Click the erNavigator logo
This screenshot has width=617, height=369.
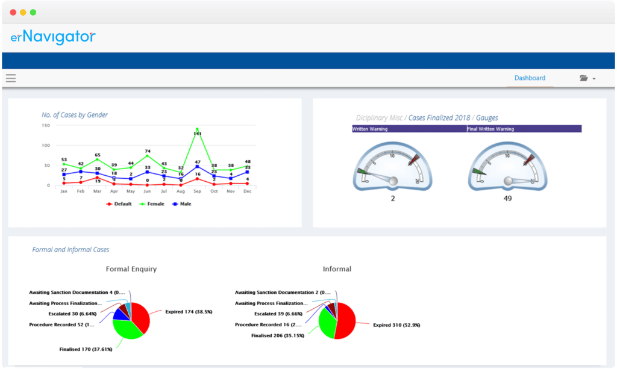click(53, 37)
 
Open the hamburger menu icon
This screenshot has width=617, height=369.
click(11, 78)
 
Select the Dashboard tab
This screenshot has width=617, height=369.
click(530, 78)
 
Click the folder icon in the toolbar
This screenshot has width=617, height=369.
click(583, 78)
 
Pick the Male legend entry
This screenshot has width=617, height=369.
click(182, 204)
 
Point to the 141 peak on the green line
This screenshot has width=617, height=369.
click(197, 129)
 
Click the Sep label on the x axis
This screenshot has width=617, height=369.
click(197, 191)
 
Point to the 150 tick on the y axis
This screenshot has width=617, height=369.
click(46, 125)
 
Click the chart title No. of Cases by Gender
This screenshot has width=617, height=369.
click(75, 114)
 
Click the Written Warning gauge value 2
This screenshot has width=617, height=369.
click(393, 198)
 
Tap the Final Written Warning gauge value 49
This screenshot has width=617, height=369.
click(507, 198)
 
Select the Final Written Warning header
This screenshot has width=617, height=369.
click(490, 129)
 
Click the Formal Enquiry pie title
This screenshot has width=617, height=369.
click(131, 269)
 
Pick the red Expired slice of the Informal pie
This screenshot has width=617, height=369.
click(347, 322)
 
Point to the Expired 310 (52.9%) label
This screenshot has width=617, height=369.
click(396, 325)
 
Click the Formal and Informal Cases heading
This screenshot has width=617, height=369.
click(70, 249)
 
